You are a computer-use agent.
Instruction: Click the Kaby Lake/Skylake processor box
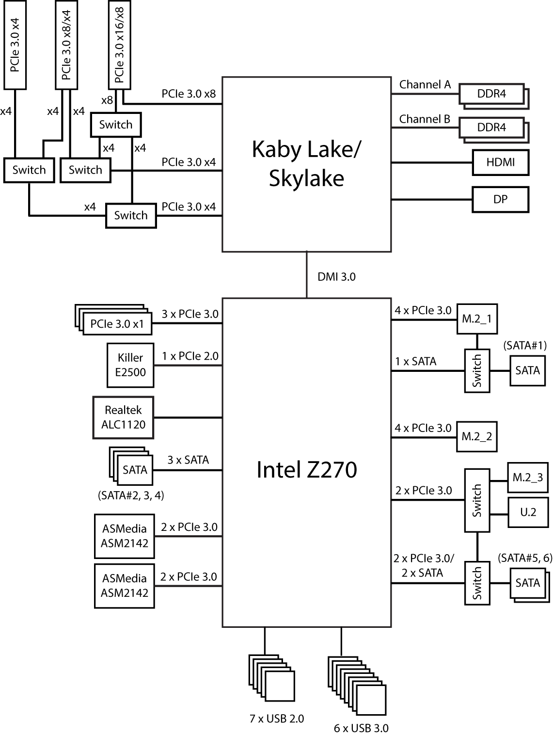click(x=306, y=164)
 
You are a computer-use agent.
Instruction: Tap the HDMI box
click(x=500, y=162)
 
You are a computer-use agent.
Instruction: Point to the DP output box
click(x=500, y=199)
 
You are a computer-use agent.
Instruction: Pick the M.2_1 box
click(x=477, y=319)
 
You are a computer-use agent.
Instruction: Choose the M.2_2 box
click(x=477, y=436)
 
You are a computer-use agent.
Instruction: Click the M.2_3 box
click(x=528, y=478)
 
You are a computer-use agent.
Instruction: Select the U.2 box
click(x=528, y=512)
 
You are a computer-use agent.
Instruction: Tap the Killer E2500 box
click(x=130, y=365)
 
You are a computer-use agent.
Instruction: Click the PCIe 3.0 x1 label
click(x=117, y=324)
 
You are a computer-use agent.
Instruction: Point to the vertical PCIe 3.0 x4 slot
click(x=15, y=45)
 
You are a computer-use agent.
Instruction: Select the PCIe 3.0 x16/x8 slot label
click(x=120, y=45)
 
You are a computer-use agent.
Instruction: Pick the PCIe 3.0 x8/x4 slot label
click(x=66, y=45)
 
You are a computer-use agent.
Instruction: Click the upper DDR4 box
click(x=491, y=94)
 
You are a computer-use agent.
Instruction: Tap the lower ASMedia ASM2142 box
click(x=125, y=586)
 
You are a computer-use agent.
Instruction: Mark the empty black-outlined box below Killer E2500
click(x=123, y=417)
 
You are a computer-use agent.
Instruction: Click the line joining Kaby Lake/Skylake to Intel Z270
click(x=307, y=275)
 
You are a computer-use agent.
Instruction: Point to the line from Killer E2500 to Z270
click(x=188, y=365)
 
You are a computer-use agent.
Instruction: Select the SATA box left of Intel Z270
click(x=135, y=470)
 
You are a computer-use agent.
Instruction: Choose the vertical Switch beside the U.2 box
click(x=477, y=500)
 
